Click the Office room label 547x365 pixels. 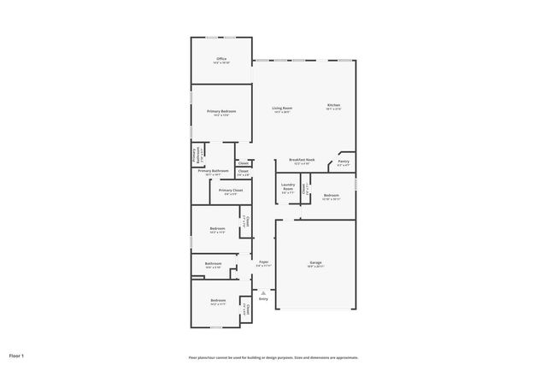point(221,59)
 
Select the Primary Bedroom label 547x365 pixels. point(221,111)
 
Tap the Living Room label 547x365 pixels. point(282,108)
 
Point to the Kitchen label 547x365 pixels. point(333,105)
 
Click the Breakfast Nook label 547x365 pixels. point(302,160)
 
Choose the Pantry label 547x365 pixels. point(344,161)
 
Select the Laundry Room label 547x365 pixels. point(288,188)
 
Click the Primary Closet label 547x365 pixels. point(231,190)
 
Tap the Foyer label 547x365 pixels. point(263,262)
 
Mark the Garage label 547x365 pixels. point(315,262)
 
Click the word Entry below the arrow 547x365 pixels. point(263,299)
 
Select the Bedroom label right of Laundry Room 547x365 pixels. point(332,195)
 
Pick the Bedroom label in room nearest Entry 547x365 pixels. point(218,300)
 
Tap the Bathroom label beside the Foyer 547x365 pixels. point(213,263)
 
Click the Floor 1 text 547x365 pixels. point(17,355)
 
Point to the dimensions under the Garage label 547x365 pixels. point(315,267)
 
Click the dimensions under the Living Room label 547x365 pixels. point(282,113)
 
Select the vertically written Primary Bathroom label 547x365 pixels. point(196,156)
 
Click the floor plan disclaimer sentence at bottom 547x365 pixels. point(273,357)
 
